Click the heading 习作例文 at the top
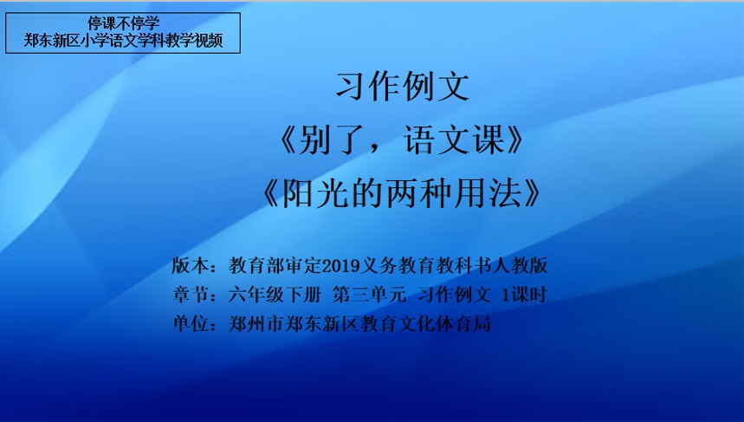pos(403,87)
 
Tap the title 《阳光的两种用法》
pos(401,194)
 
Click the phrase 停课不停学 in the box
pos(123,23)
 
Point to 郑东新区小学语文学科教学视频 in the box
pos(123,41)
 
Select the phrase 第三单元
pos(369,295)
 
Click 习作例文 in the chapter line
pos(454,295)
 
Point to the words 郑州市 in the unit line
pos(256,324)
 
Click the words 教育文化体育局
pos(425,324)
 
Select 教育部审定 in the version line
pos(275,265)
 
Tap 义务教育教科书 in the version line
pos(426,265)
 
